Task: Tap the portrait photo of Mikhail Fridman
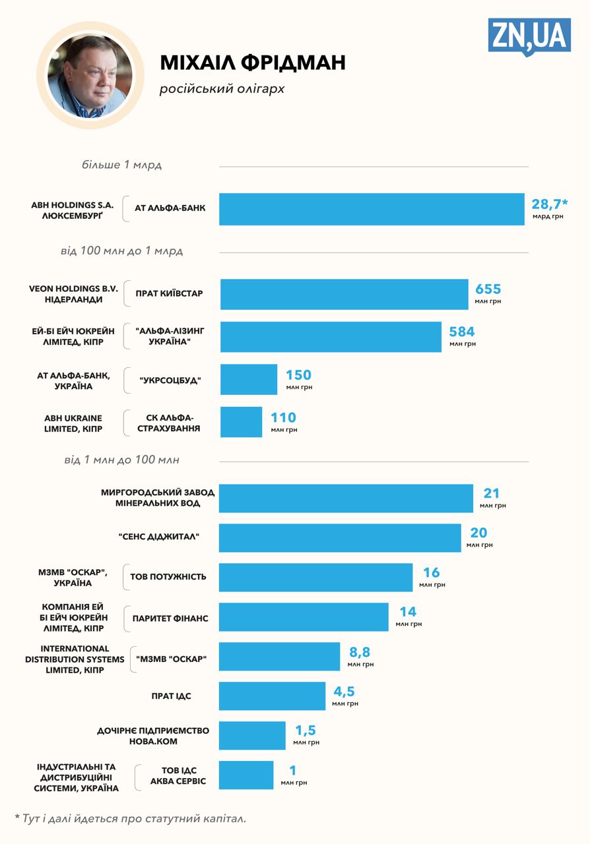(x=90, y=75)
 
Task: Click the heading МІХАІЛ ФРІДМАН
(x=253, y=63)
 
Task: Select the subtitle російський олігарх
(x=222, y=88)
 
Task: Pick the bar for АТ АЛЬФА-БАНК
(x=372, y=209)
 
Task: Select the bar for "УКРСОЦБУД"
(x=249, y=379)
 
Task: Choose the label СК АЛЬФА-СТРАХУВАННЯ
(x=169, y=423)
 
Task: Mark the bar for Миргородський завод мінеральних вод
(x=346, y=498)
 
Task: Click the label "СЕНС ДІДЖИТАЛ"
(x=159, y=537)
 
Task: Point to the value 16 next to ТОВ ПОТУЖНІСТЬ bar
(x=431, y=573)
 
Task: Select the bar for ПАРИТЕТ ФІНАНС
(x=304, y=617)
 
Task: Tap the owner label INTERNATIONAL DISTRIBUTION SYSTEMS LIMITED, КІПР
(x=75, y=659)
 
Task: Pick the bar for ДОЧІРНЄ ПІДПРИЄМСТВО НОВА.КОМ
(x=252, y=735)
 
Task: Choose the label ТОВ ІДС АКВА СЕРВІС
(x=178, y=775)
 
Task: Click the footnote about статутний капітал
(x=130, y=818)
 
